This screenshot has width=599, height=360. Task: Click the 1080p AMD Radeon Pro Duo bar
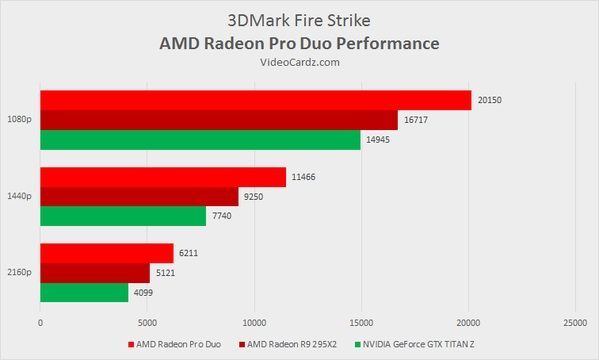point(255,100)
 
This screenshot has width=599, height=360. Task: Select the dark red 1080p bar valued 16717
point(218,120)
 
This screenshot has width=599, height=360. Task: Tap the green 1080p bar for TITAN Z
point(200,140)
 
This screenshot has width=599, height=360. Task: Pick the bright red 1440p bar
point(162,177)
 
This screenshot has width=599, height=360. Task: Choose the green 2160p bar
point(84,293)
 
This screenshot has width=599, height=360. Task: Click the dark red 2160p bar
point(94,273)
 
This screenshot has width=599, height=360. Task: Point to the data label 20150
point(489,100)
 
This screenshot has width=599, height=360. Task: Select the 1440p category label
point(20,196)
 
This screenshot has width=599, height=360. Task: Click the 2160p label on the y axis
point(20,273)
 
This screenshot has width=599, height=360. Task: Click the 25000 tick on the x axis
point(574,322)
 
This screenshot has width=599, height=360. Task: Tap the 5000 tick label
point(147,322)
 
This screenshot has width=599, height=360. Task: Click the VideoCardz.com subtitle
point(299,63)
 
